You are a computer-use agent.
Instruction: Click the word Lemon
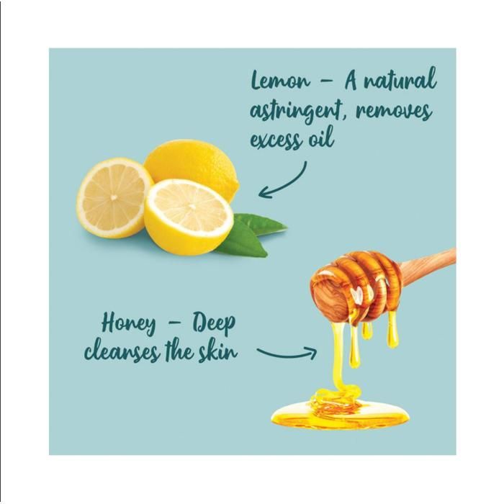point(280,80)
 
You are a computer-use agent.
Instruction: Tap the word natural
point(400,79)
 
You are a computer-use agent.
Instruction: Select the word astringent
point(295,113)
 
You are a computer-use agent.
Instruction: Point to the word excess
point(276,140)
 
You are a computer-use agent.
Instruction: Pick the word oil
point(321,138)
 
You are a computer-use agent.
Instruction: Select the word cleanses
point(122,352)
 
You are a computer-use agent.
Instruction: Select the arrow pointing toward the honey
point(287,354)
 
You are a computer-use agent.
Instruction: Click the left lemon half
point(114,198)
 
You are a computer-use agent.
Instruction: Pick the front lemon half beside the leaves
point(189,217)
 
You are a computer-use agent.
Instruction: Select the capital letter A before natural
point(351,79)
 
